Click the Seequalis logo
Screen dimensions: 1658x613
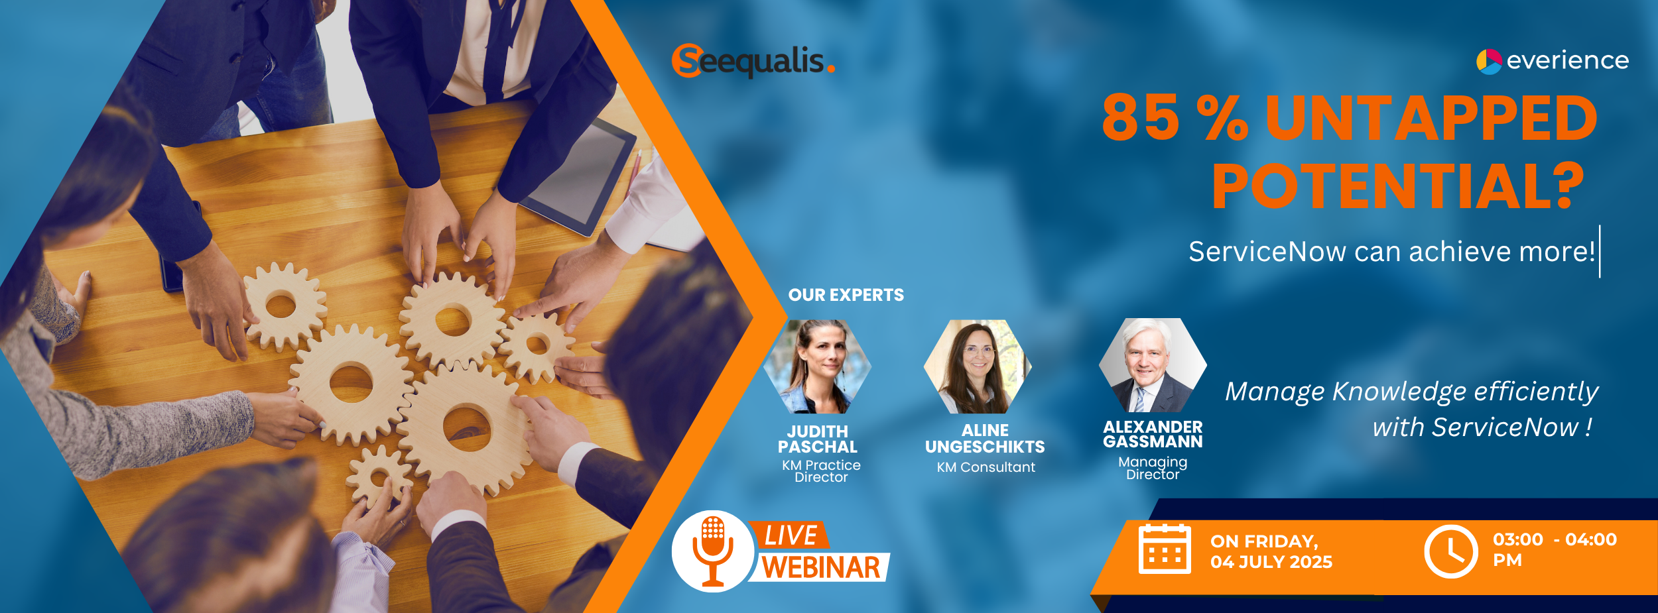click(x=753, y=61)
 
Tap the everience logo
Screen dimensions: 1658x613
click(x=1552, y=61)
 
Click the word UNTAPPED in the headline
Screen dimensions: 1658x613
click(x=1431, y=118)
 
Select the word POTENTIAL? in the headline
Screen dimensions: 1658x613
click(x=1398, y=186)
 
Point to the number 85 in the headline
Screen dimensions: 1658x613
click(x=1141, y=118)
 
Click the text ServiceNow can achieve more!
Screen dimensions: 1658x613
click(x=1391, y=252)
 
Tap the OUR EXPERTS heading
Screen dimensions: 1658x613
click(x=846, y=295)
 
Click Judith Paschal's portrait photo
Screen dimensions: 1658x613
click(x=818, y=366)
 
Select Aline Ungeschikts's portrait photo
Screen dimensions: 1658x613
click(x=978, y=366)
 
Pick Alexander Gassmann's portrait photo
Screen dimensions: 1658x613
click(x=1153, y=365)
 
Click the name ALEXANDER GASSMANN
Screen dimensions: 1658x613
click(x=1153, y=434)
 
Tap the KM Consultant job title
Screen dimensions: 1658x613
click(x=986, y=467)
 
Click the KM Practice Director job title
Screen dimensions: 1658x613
click(x=821, y=471)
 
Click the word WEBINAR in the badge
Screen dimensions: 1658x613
click(x=821, y=568)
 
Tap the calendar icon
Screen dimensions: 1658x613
click(x=1165, y=549)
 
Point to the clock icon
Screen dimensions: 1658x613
click(x=1451, y=551)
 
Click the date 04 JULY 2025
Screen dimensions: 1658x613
click(x=1271, y=562)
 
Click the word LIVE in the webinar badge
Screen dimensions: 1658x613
click(x=791, y=535)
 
